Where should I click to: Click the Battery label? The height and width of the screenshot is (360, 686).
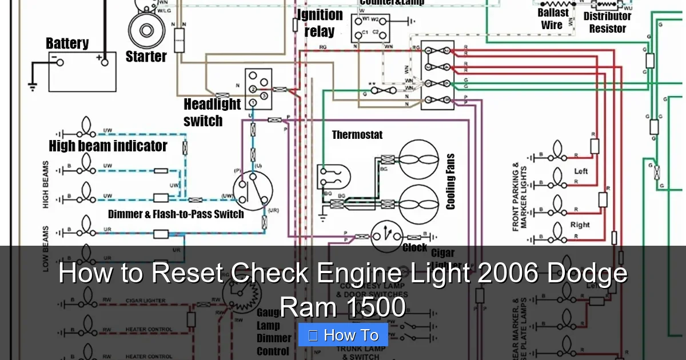pyautogui.click(x=67, y=43)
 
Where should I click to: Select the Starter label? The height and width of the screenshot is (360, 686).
pyautogui.click(x=146, y=57)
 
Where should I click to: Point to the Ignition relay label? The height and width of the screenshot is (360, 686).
pyautogui.click(x=320, y=23)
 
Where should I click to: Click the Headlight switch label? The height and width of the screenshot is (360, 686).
pyautogui.click(x=212, y=112)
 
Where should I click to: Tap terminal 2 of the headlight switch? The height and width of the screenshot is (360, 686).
pyautogui.click(x=252, y=89)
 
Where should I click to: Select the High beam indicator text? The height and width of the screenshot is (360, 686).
pyautogui.click(x=108, y=146)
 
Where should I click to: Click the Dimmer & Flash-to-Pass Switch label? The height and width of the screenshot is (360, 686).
pyautogui.click(x=176, y=214)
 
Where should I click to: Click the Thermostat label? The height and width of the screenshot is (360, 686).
pyautogui.click(x=357, y=135)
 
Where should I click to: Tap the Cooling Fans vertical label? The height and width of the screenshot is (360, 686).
pyautogui.click(x=450, y=181)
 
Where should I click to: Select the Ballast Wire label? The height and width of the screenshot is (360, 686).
pyautogui.click(x=552, y=19)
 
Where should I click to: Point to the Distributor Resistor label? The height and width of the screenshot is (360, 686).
pyautogui.click(x=607, y=22)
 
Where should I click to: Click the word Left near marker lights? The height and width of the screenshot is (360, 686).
pyautogui.click(x=581, y=171)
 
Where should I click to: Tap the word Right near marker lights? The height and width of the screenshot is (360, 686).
pyautogui.click(x=580, y=225)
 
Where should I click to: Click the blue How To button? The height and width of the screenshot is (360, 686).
pyautogui.click(x=343, y=335)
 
